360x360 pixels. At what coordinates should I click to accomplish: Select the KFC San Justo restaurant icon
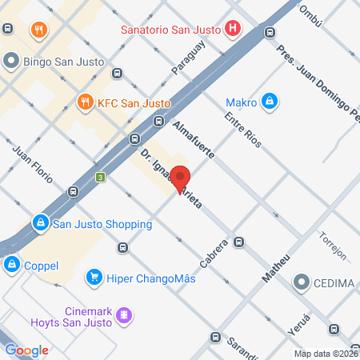tap(85, 102)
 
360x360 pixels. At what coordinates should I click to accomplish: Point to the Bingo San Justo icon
tap(11, 60)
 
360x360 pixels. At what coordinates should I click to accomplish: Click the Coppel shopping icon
tap(11, 264)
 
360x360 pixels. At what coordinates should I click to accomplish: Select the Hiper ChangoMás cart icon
tap(94, 278)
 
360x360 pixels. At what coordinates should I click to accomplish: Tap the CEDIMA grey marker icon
tap(302, 282)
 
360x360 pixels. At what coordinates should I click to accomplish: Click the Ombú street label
tap(310, 15)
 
